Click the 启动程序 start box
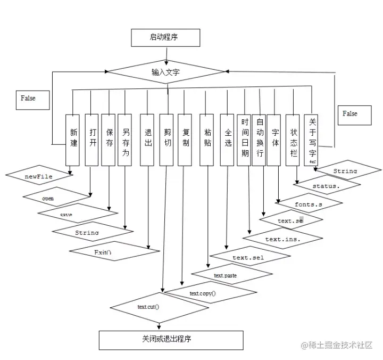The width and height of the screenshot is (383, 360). (x=166, y=38)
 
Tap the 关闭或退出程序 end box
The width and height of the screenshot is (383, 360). (x=171, y=339)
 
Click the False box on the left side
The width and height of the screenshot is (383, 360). (x=32, y=99)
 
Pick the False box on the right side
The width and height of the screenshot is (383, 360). (x=354, y=114)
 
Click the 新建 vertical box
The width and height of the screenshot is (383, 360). (x=72, y=140)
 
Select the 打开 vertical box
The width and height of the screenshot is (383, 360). (x=91, y=140)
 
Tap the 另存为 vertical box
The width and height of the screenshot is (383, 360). (x=124, y=140)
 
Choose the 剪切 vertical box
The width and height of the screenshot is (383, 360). (x=166, y=140)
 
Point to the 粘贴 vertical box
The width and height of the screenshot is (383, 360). (x=206, y=140)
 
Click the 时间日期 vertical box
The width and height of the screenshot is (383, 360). (x=244, y=140)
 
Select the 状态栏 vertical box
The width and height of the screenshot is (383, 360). (x=293, y=140)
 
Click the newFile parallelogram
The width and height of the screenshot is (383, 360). (x=39, y=176)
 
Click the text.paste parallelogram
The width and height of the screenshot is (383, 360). (x=226, y=275)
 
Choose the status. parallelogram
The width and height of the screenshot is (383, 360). (x=327, y=186)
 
